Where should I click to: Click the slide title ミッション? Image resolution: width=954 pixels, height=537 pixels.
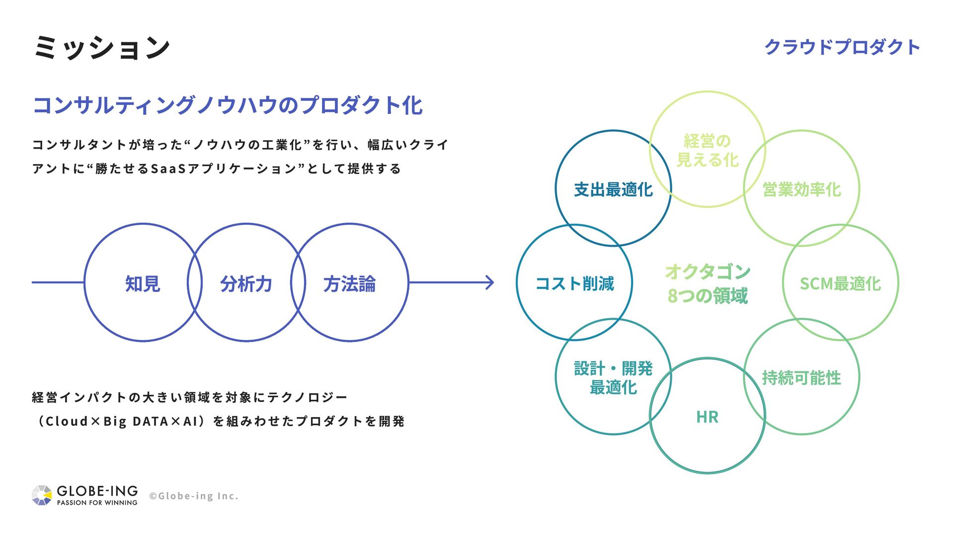click(x=102, y=48)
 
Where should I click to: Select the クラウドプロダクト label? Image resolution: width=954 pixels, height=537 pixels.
click(x=842, y=47)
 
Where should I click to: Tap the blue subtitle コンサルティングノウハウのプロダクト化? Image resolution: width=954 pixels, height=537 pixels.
click(x=228, y=105)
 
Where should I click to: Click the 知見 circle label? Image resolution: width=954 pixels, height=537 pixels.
click(x=143, y=284)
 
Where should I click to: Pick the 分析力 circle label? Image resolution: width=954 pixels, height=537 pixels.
click(x=246, y=284)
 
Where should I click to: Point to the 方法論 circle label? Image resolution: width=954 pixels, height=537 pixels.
click(x=349, y=284)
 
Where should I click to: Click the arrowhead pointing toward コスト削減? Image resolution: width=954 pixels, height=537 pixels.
click(x=490, y=282)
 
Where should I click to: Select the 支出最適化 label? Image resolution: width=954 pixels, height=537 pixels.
click(x=613, y=189)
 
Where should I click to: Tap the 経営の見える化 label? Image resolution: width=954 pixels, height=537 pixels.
click(x=707, y=150)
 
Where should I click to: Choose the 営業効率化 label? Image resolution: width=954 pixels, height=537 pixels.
click(x=801, y=189)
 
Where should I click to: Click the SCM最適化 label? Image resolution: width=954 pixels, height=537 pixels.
click(x=840, y=283)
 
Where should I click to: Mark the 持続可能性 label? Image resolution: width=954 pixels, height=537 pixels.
click(x=801, y=378)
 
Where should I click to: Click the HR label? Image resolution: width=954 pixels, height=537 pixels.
click(x=707, y=417)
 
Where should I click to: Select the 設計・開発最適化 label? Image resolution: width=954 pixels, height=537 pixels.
click(x=613, y=378)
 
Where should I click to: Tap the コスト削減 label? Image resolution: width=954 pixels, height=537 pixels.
click(x=574, y=283)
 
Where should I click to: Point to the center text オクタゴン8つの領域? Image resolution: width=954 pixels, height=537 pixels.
click(x=707, y=283)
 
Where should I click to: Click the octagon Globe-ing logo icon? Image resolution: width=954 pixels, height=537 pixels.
click(x=42, y=495)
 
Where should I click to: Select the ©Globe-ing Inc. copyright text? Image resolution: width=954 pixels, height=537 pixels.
click(x=194, y=496)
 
